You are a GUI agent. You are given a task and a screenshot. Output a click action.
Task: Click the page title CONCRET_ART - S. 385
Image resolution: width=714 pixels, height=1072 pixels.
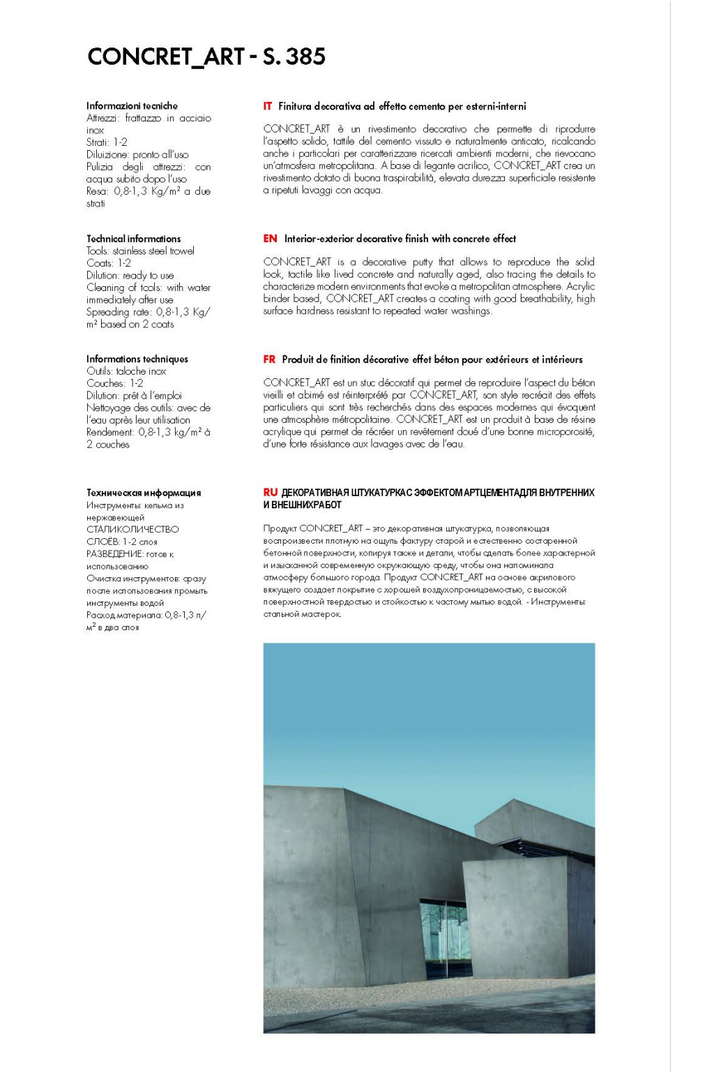(206, 57)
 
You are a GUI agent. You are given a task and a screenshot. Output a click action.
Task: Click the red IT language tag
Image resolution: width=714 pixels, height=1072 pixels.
(268, 107)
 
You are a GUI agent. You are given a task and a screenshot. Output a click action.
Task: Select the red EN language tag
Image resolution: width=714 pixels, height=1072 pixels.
(270, 239)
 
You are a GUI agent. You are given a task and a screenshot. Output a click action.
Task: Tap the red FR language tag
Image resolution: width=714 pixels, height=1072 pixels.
(269, 359)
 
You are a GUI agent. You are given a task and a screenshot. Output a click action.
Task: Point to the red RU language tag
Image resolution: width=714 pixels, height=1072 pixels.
(271, 493)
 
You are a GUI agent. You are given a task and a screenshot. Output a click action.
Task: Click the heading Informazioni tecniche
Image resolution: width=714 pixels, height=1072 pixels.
(132, 106)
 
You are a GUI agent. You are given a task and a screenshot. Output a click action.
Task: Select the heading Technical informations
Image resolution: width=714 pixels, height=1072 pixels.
(133, 239)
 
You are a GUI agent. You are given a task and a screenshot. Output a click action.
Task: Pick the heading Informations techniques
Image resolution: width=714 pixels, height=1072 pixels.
(137, 359)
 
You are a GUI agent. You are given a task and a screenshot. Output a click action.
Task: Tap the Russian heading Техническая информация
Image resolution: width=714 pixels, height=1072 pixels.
(144, 493)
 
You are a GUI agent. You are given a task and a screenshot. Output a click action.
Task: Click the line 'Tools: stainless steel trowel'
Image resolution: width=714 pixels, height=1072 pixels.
(140, 251)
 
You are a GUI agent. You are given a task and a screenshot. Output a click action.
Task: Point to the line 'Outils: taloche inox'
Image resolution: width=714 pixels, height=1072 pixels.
(126, 371)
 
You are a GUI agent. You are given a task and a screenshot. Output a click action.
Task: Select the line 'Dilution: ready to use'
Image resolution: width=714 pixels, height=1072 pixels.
(130, 276)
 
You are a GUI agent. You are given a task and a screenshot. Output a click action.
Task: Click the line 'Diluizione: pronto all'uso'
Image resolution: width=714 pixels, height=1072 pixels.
(137, 155)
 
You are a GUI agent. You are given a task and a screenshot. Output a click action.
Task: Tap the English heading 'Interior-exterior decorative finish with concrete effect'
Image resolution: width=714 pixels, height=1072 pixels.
(400, 239)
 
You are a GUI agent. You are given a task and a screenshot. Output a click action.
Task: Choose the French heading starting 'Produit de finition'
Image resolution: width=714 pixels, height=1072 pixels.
(432, 359)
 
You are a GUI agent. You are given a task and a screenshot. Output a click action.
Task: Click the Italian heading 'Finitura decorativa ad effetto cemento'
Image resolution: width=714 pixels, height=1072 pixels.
(402, 107)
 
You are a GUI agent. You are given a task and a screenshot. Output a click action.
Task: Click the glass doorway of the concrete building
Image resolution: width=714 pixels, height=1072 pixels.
(445, 939)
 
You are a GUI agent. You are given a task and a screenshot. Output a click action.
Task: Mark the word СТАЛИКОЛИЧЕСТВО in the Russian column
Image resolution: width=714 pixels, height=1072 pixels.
(132, 530)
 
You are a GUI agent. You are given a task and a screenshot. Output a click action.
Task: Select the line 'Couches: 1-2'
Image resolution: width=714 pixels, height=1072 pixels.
(115, 384)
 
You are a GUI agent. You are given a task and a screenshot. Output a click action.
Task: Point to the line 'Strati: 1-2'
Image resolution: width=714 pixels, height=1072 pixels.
(107, 142)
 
